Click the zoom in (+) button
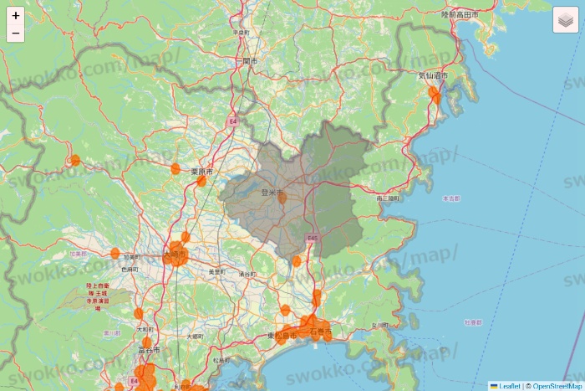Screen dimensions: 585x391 pyautogui.click(x=15, y=15)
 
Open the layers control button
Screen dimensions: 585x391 pyautogui.click(x=565, y=20)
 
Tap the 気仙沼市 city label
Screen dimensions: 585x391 pyautogui.click(x=433, y=75)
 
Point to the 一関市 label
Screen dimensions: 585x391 pyautogui.click(x=249, y=62)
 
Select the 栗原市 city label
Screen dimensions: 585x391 pyautogui.click(x=201, y=172)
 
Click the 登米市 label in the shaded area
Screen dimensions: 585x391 pyautogui.click(x=273, y=193)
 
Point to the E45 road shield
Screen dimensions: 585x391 pyautogui.click(x=313, y=239)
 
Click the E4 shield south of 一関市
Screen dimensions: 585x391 pyautogui.click(x=234, y=121)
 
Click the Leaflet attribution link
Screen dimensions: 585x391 pyautogui.click(x=508, y=386)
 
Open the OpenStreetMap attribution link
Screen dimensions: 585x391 pyautogui.click(x=557, y=386)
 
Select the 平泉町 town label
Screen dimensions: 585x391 pyautogui.click(x=242, y=32)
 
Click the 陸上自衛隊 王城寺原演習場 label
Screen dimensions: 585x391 pyautogui.click(x=98, y=296)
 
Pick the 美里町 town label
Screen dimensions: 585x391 pyautogui.click(x=216, y=271)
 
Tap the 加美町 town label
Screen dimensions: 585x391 pyautogui.click(x=131, y=256)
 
